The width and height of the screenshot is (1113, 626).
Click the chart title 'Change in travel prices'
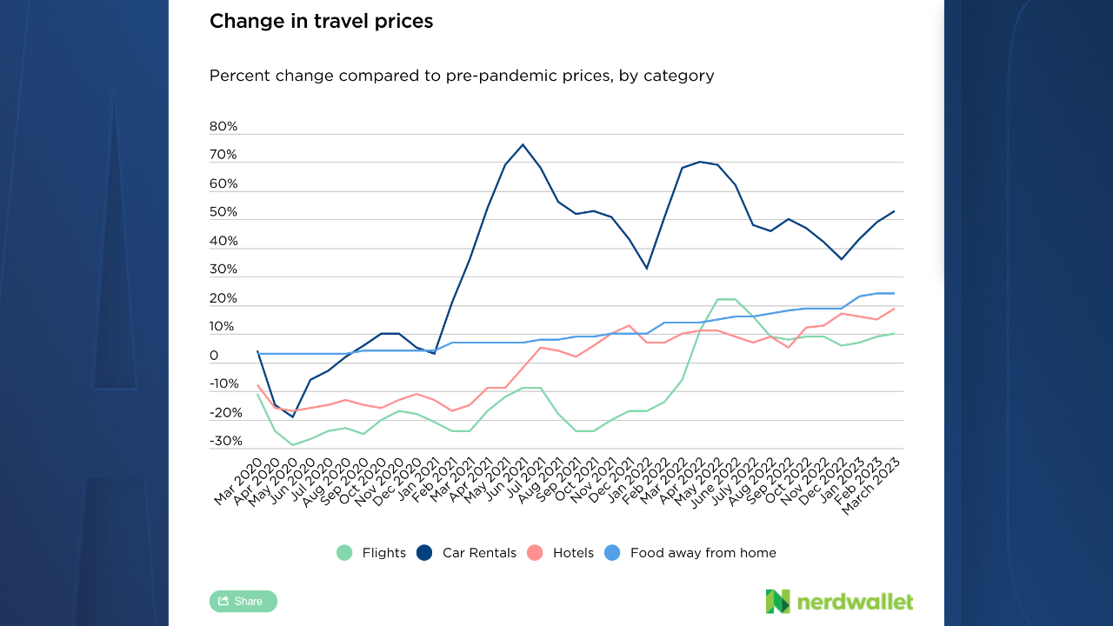point(321,21)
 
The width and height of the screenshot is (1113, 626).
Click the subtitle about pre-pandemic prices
point(461,76)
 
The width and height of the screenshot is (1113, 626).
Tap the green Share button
point(243,601)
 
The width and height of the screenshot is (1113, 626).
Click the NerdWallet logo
point(839,601)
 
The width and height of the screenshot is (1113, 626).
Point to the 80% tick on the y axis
point(223,127)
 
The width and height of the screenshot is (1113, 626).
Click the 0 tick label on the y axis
point(214,356)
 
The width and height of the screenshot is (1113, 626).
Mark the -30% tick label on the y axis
point(226,442)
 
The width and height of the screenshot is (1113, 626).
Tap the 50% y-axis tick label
point(223,213)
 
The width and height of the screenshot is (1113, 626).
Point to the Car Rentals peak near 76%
point(523,144)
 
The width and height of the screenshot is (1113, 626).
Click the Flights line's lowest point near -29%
point(293,445)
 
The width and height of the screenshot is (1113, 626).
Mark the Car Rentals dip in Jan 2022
point(646,268)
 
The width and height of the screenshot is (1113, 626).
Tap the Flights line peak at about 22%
point(726,299)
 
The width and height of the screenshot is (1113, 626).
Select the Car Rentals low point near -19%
point(293,417)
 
